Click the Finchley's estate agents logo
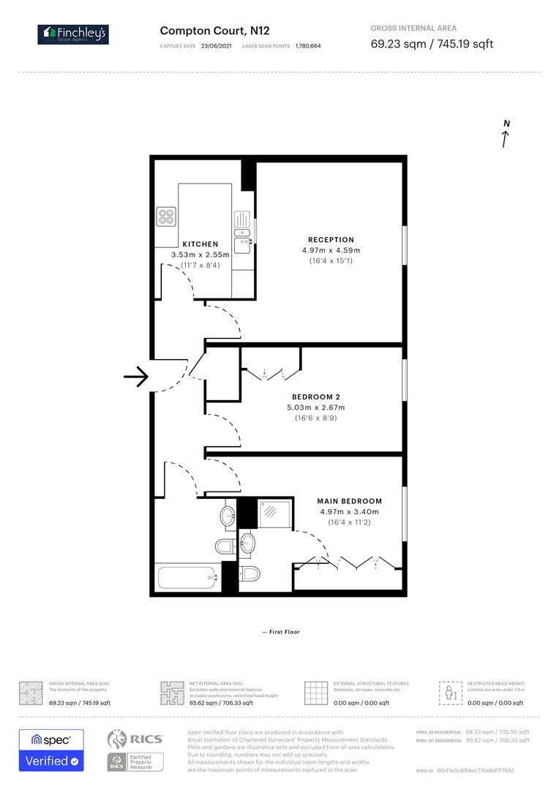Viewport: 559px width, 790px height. tap(73, 34)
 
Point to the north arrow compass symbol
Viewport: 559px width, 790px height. tap(506, 135)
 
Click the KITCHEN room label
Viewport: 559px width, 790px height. tap(200, 244)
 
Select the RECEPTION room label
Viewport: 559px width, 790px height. tap(331, 240)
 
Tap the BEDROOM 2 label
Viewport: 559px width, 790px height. tap(316, 396)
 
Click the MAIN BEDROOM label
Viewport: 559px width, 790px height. tap(349, 501)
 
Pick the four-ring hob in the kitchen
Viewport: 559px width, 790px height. tap(167, 217)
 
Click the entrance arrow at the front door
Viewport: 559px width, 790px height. tap(136, 377)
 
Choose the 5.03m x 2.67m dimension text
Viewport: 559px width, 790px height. tap(316, 407)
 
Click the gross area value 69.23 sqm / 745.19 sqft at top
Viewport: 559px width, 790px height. tap(432, 44)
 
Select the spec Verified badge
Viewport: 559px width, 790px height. tap(51, 750)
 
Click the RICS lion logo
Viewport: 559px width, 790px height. tap(120, 739)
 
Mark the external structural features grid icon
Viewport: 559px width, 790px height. tap(315, 692)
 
